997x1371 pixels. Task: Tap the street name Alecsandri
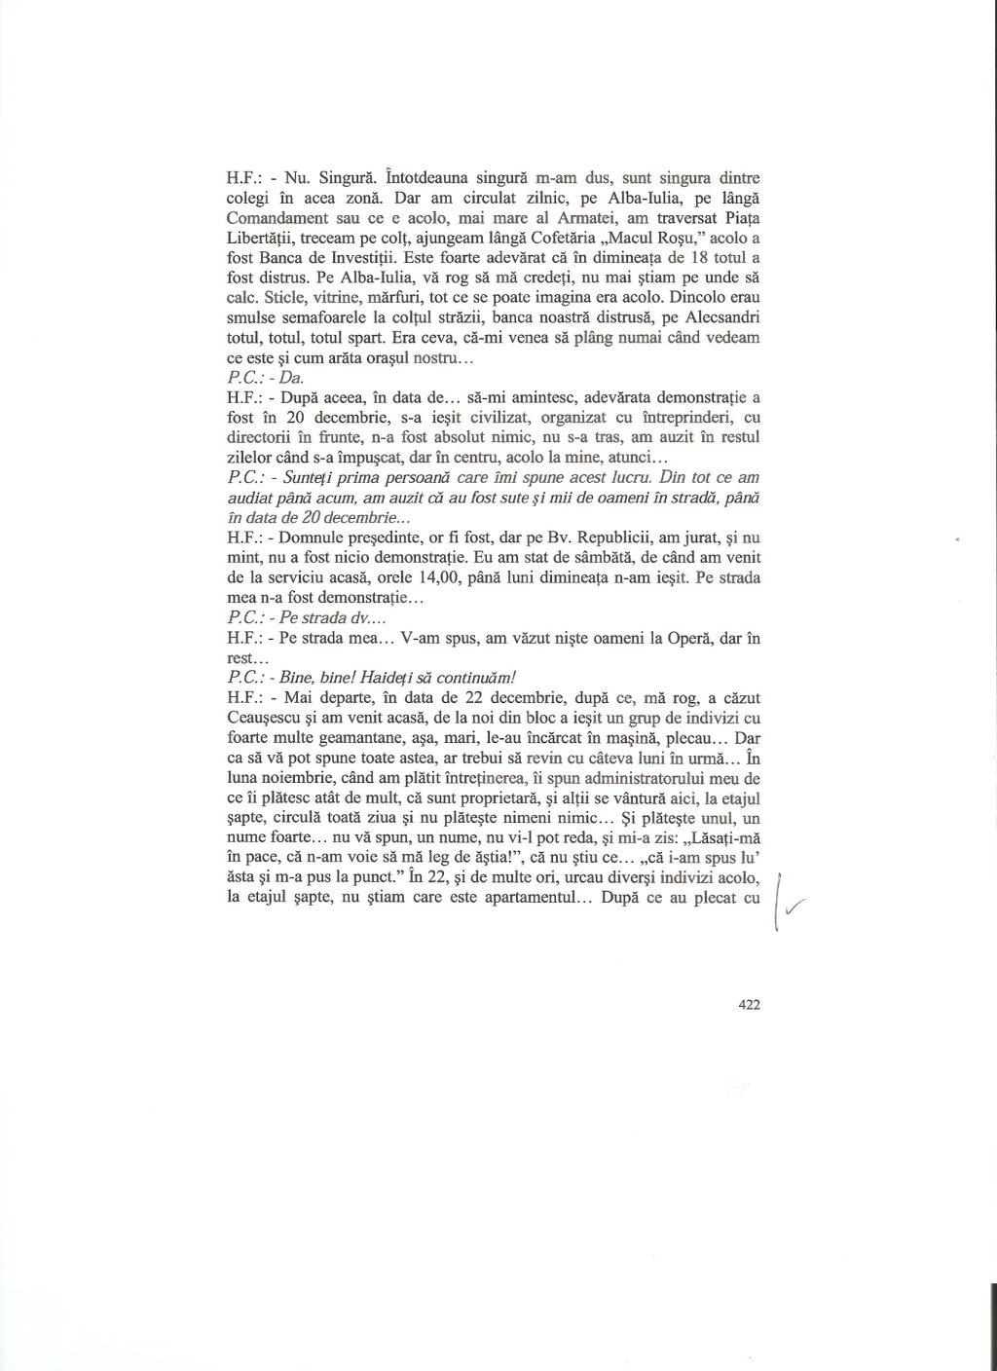pos(719,321)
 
